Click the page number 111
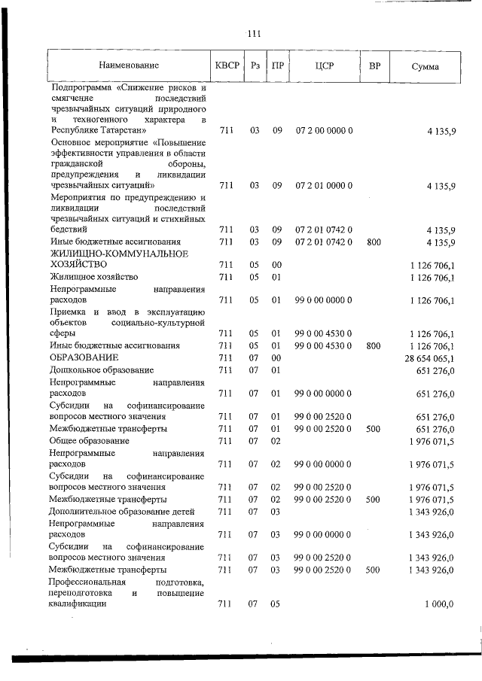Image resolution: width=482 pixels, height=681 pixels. coord(253,33)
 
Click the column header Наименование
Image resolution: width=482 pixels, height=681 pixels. coord(128,66)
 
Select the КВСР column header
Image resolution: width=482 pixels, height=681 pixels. coord(227,66)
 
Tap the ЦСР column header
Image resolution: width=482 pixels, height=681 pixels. coord(325,66)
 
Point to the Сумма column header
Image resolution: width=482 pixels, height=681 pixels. coord(426,67)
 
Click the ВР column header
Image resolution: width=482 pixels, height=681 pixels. coord(374,66)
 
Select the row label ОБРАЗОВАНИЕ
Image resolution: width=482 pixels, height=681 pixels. coord(84,357)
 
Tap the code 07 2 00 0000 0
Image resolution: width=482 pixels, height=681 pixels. coord(325,131)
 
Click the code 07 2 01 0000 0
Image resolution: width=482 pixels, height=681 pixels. coord(325,184)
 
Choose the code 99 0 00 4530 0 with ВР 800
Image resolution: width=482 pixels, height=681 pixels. coord(325,345)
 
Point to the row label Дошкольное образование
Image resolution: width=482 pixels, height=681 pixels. coord(102,370)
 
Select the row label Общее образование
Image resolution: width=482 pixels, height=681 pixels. coord(89,440)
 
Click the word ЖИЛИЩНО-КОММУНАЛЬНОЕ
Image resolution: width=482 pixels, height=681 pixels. coord(118,254)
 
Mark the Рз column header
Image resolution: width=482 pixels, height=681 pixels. coord(255,66)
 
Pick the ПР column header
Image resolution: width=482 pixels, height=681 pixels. coord(277,66)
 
